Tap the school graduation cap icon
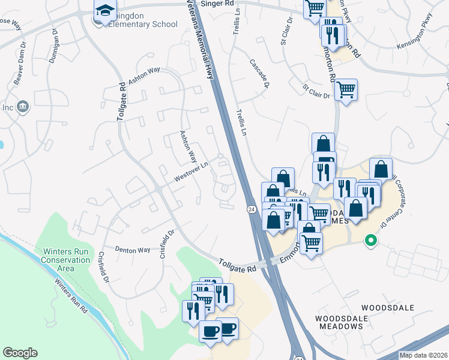(104, 11)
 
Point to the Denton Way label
(132, 250)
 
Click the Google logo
(20, 353)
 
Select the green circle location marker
(371, 241)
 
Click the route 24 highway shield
(251, 208)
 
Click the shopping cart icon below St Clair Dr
(346, 90)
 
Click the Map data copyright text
(423, 355)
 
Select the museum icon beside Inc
(23, 107)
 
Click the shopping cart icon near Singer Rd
(314, 8)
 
